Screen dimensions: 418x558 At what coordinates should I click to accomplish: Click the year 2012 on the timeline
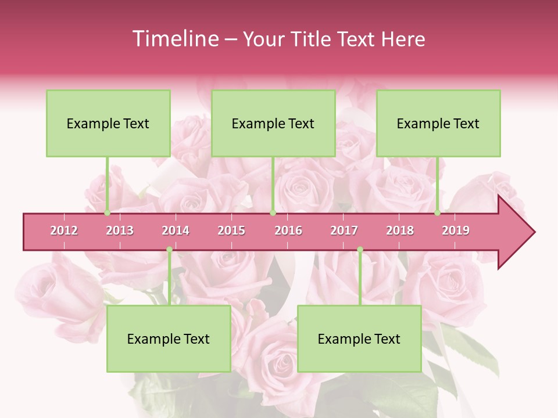pos(64,230)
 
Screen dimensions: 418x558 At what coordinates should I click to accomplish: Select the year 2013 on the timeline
pos(120,230)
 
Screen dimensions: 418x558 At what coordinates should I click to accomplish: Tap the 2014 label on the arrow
pos(176,230)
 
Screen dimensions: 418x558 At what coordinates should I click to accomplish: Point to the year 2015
pos(231,230)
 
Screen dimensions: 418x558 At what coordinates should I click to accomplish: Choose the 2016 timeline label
pos(288,230)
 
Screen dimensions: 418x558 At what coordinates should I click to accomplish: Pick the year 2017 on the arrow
pos(344,230)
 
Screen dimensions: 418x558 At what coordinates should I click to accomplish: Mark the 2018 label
pos(400,230)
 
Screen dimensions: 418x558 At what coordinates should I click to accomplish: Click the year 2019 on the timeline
pos(456,230)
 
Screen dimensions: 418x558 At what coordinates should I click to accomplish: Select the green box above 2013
pos(108,123)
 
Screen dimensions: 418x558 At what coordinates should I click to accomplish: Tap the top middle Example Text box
pos(273,123)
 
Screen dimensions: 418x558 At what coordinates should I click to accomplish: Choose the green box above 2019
pos(438,123)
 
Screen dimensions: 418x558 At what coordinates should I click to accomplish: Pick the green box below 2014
pos(169,339)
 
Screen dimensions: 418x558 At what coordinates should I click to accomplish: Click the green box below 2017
pos(359,339)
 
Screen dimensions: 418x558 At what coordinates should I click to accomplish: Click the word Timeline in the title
pos(174,39)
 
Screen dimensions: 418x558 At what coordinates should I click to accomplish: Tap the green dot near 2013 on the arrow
pos(108,213)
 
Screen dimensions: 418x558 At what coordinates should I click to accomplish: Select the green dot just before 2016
pos(273,213)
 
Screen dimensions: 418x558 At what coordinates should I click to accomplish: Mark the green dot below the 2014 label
pos(169,250)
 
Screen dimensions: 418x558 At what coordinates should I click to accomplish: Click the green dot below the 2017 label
pos(360,250)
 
